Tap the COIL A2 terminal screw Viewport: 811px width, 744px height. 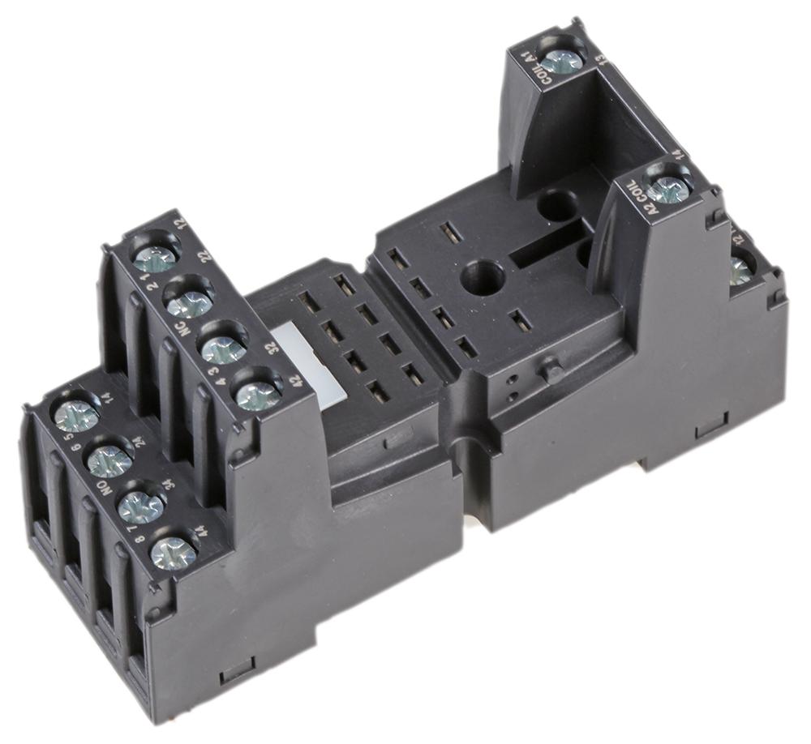tap(669, 190)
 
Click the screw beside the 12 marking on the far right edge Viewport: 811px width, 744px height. tap(740, 270)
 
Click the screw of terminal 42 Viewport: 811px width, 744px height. tap(258, 395)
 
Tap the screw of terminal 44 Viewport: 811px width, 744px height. tap(174, 553)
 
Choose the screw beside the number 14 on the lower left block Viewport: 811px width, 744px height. tap(76, 416)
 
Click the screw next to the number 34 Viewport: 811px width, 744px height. tap(141, 507)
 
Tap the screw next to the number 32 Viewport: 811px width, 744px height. tap(224, 348)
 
